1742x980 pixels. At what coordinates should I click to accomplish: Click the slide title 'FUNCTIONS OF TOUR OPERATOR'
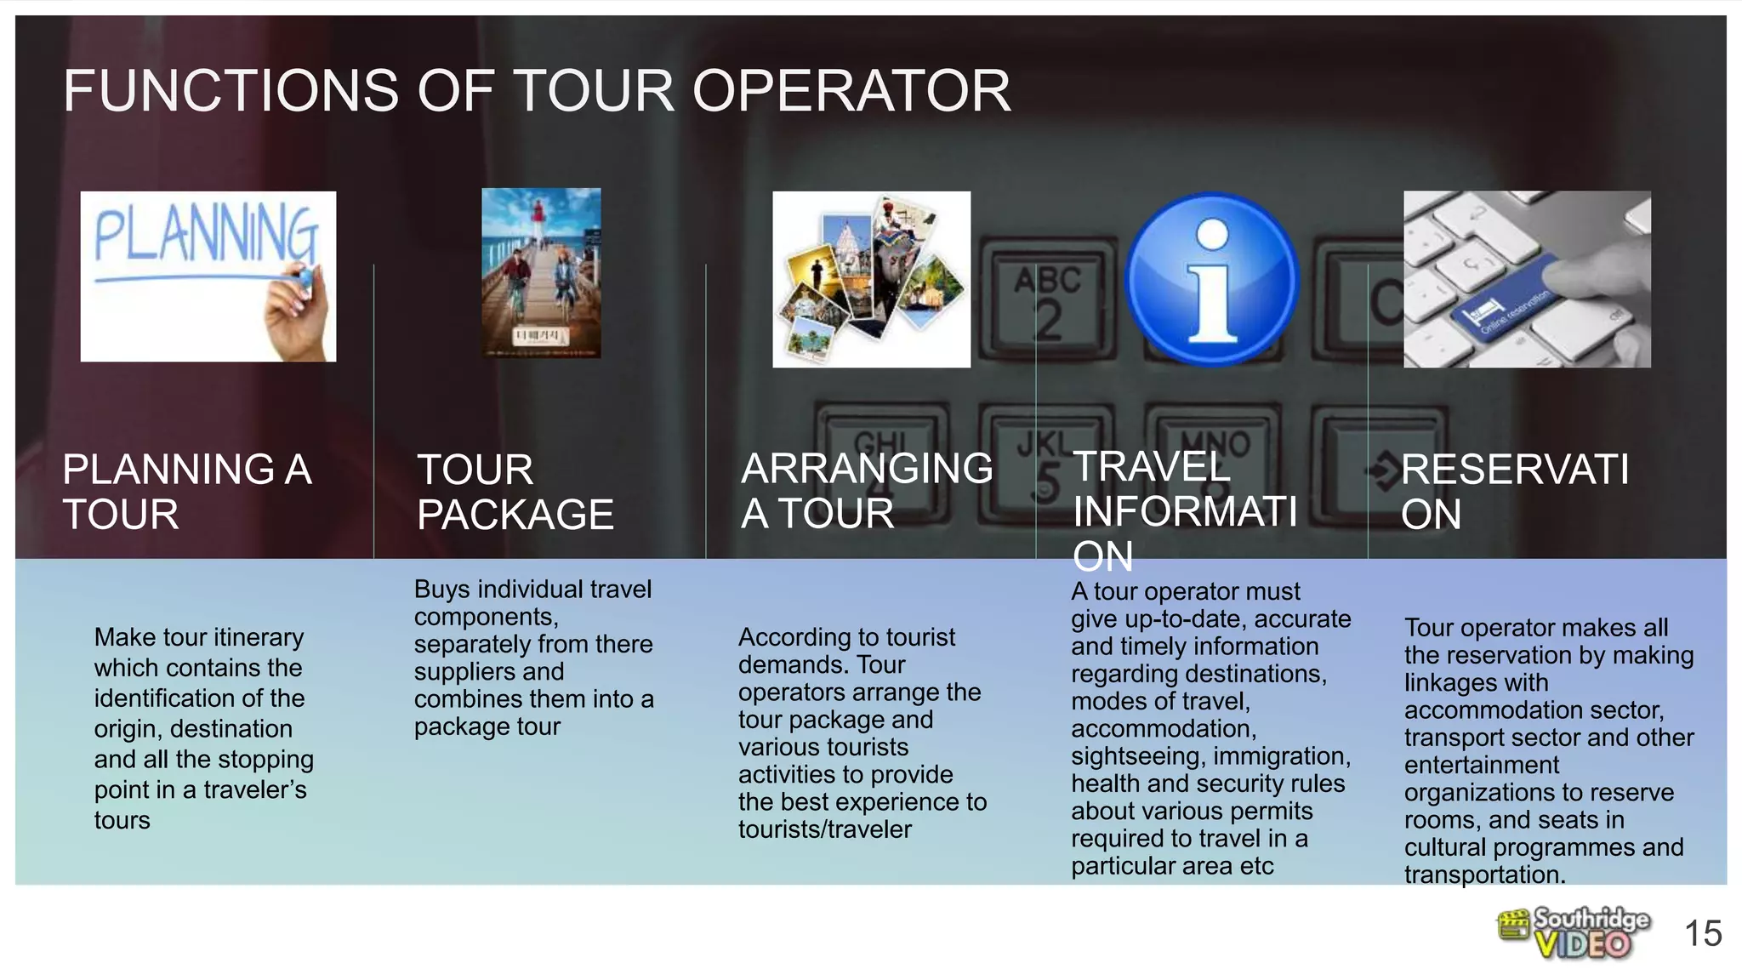(537, 91)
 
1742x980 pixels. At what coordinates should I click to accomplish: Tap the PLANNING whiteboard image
(208, 276)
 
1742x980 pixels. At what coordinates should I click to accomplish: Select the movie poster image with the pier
(541, 273)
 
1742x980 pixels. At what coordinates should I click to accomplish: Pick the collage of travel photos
(871, 279)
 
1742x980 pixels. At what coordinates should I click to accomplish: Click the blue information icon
(1211, 279)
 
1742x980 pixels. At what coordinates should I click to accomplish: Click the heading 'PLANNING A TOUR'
(187, 492)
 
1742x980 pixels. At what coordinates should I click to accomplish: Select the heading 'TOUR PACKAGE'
(515, 493)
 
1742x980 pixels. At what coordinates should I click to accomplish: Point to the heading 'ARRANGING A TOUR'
(866, 491)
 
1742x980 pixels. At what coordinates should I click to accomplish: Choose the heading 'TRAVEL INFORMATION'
(1184, 511)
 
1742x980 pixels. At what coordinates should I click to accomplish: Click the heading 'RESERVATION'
(1514, 492)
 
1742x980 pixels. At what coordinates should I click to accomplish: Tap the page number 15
(1703, 934)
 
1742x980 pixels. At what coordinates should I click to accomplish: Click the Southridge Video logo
(1574, 933)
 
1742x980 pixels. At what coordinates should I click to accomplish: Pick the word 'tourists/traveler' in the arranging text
(824, 829)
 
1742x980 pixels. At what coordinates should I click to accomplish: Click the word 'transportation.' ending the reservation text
(1484, 875)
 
